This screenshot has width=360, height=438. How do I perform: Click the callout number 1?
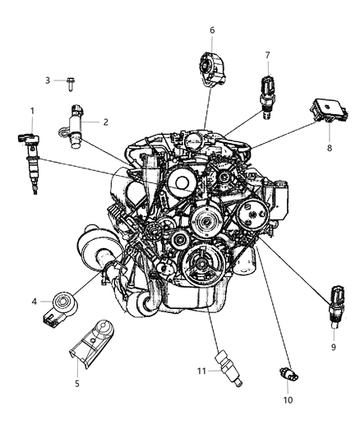[x=32, y=111]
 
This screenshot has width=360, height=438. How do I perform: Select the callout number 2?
[x=106, y=122]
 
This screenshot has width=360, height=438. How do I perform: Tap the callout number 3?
[x=48, y=81]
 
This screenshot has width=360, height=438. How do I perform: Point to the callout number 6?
[x=212, y=30]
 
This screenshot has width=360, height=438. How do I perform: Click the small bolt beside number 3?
[x=72, y=81]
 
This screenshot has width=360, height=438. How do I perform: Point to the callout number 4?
[x=35, y=302]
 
